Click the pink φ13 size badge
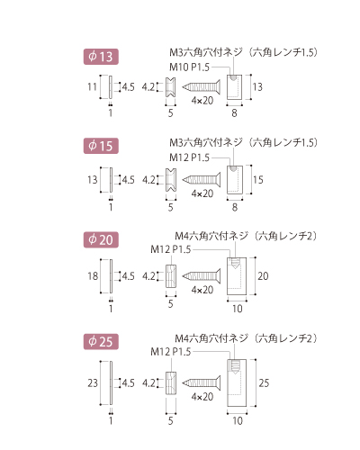101,57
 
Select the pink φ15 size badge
101,146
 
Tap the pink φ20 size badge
101,239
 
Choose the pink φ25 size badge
101,341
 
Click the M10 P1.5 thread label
189,67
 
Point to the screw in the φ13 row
202,87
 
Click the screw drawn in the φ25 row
202,382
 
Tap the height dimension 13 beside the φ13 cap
257,87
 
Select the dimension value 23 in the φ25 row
93,383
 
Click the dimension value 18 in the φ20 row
93,276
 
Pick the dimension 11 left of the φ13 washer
92,87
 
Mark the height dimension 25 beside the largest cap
264,383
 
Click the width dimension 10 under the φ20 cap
238,309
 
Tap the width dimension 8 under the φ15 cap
235,207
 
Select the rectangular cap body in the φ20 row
237,276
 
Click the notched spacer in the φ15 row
171,180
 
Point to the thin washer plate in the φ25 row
111,382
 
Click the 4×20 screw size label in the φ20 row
202,290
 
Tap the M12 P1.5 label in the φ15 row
189,157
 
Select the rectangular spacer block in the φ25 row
171,383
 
